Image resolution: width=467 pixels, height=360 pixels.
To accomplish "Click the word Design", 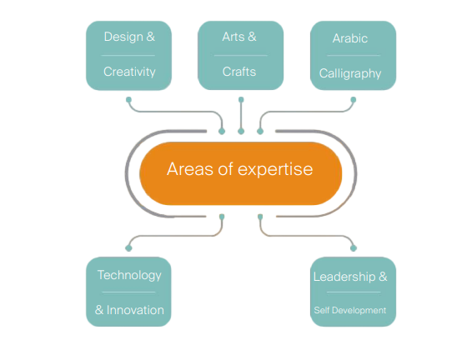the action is pos(123,37).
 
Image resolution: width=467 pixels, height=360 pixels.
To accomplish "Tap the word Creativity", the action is pos(129,72).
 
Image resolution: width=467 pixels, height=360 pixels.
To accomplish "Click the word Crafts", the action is pos(239,72).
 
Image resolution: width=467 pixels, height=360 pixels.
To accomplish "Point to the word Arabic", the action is pos(350,38).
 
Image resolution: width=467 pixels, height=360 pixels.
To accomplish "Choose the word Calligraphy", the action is pos(350,73).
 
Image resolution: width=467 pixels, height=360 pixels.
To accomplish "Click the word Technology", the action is pos(129,276).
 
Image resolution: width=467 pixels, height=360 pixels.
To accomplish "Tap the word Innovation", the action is pos(135,310).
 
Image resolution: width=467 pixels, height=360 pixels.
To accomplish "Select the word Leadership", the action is pos(344,277).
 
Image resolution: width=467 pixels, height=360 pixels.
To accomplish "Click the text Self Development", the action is pos(350,310).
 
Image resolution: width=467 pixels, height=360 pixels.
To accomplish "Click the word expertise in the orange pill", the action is pos(275,170).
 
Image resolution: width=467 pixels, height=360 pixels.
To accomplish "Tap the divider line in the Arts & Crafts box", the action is pos(241,55).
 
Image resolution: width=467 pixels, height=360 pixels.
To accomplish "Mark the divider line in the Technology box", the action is pos(128,292).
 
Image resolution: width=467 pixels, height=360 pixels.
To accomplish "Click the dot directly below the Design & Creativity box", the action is pos(128,100).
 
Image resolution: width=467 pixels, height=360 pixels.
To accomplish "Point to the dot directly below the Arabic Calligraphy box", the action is pos(354,100).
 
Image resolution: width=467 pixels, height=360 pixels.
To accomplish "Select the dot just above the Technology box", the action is pos(128,247).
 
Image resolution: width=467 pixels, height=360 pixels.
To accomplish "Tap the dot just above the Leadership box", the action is pos(354,247).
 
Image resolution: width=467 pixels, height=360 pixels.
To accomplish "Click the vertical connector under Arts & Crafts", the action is pos(241,116).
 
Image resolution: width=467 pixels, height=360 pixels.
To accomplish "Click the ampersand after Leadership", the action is pos(383,277).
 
